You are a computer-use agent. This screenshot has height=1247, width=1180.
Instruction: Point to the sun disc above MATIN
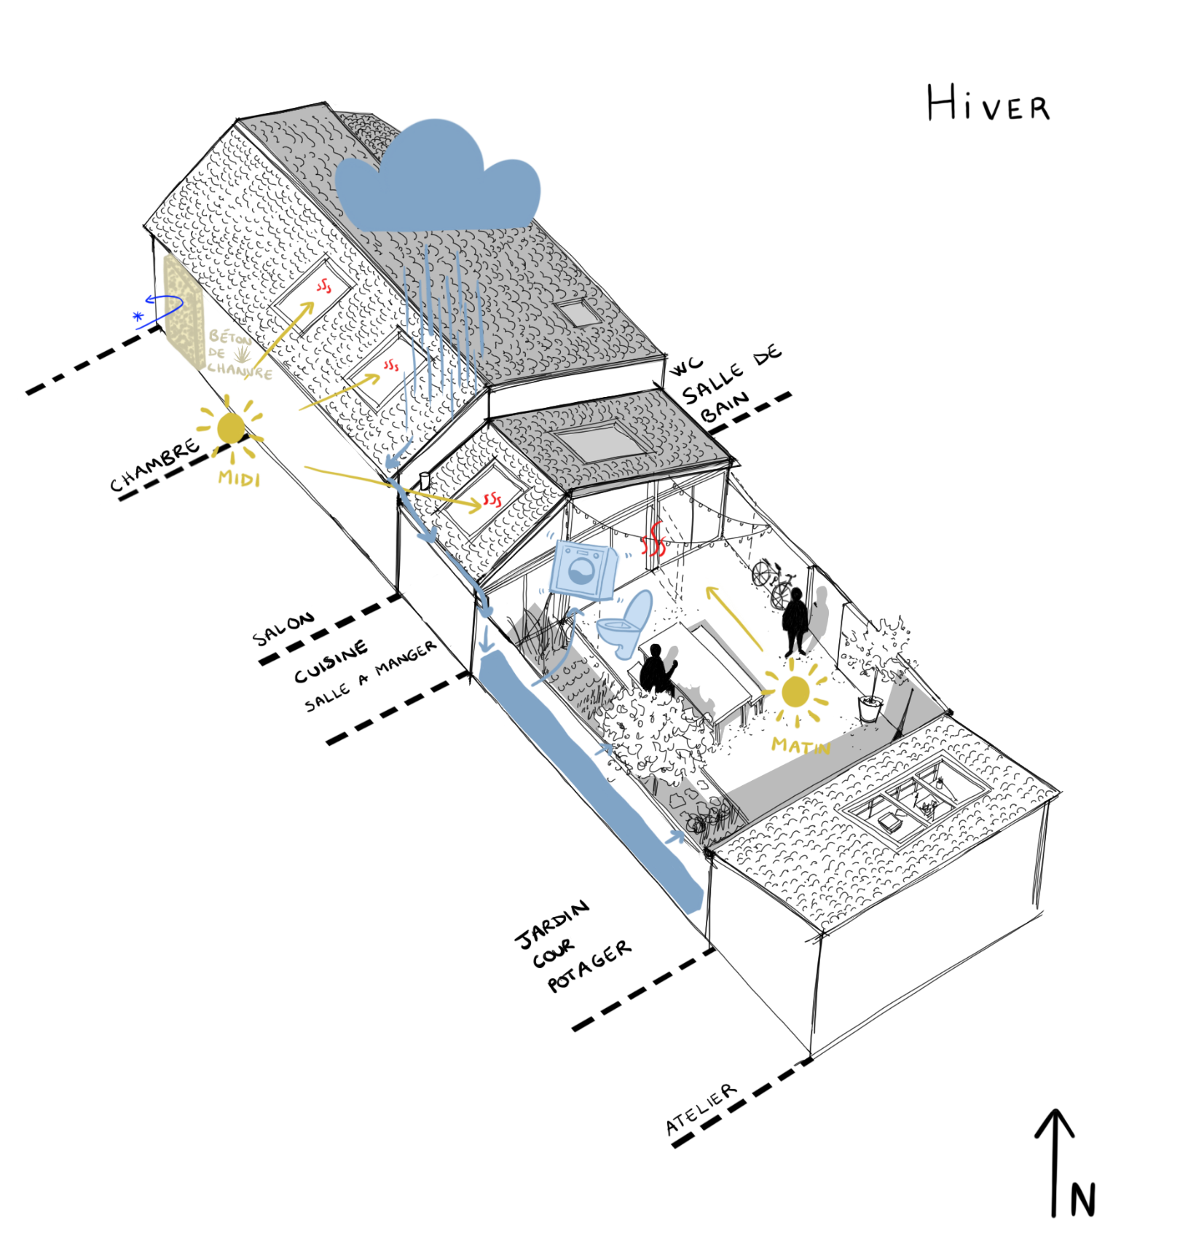795,692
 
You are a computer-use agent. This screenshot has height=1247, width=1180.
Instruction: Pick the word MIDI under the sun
240,479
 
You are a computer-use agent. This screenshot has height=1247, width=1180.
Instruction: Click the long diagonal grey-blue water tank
590,787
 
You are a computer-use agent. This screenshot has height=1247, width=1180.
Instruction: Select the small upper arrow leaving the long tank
605,750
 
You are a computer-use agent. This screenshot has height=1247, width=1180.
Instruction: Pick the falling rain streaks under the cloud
441,335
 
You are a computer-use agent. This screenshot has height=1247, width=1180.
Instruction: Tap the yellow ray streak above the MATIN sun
736,612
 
